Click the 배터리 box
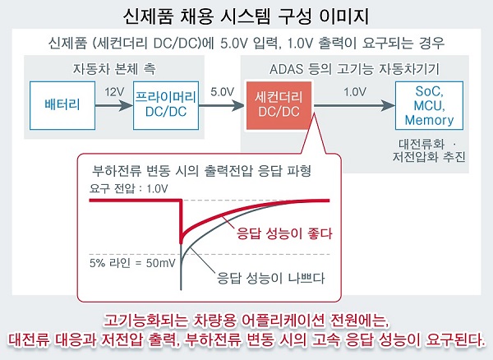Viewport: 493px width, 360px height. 62,105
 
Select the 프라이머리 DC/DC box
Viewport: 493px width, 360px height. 166,105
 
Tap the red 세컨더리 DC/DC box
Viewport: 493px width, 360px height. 279,105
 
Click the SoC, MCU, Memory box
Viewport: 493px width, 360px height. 429,105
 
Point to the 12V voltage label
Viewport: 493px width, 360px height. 114,92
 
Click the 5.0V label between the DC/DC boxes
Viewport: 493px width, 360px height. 223,92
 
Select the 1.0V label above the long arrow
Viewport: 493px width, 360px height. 355,92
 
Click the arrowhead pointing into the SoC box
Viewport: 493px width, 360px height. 388,105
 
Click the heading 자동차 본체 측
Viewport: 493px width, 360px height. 114,69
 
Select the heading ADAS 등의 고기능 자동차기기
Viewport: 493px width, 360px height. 354,69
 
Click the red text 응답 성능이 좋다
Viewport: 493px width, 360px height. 284,233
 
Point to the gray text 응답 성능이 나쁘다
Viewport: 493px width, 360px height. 270,278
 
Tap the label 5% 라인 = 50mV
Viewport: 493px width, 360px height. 132,263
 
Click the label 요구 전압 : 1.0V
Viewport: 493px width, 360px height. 129,189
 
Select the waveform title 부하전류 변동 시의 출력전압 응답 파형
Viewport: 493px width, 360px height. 201,171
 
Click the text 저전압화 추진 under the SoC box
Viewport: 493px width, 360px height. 429,156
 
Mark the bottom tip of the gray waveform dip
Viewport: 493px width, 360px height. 181,289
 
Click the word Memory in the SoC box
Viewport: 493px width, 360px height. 429,120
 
